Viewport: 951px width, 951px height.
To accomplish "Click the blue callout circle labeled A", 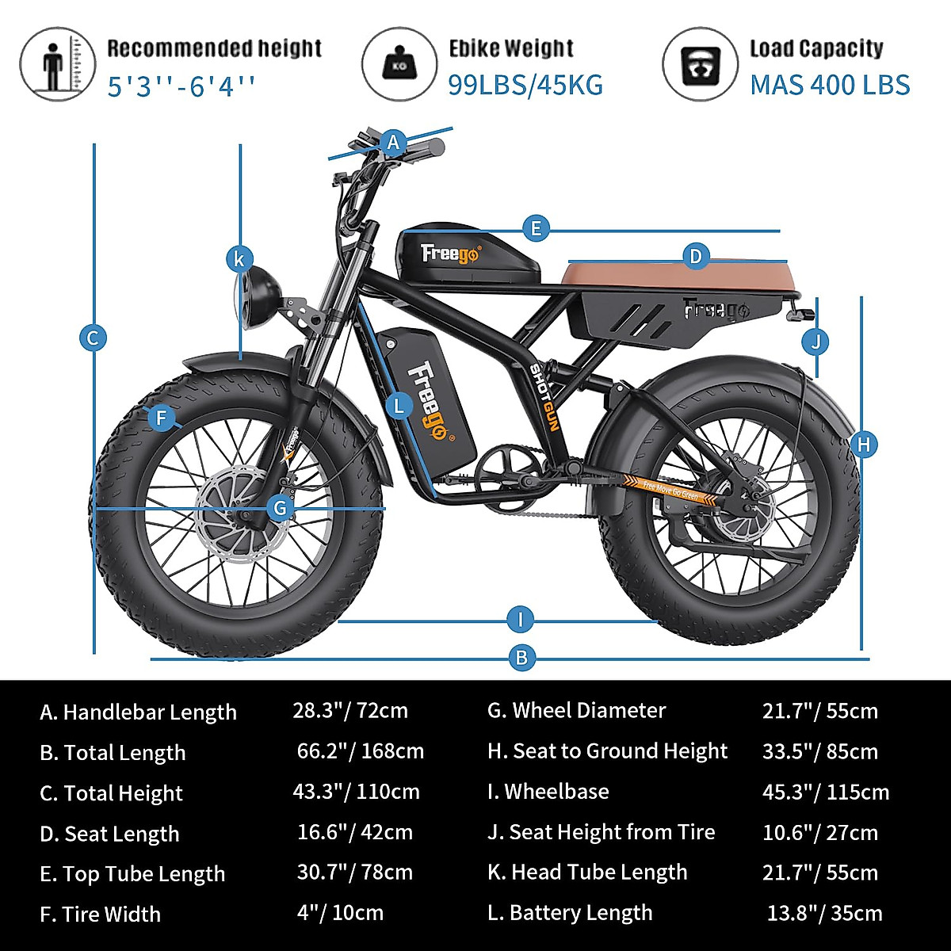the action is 393,143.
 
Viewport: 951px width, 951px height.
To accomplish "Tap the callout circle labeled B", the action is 521,657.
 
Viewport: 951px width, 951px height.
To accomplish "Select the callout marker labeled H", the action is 864,445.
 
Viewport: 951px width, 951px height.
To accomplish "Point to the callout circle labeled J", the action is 815,342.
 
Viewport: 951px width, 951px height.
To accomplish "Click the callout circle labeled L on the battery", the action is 399,407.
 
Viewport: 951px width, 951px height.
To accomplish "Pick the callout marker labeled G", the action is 280,507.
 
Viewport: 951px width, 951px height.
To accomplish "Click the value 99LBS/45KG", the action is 525,84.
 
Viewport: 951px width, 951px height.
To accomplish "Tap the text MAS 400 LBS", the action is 830,84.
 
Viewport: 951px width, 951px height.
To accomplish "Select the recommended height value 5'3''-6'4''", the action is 182,85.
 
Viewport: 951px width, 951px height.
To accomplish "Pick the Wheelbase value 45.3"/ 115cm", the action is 826,792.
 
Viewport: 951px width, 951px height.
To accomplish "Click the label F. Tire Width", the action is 101,914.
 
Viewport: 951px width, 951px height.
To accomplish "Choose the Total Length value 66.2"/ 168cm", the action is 361,750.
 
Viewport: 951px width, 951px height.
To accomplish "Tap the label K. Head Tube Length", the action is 587,872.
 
